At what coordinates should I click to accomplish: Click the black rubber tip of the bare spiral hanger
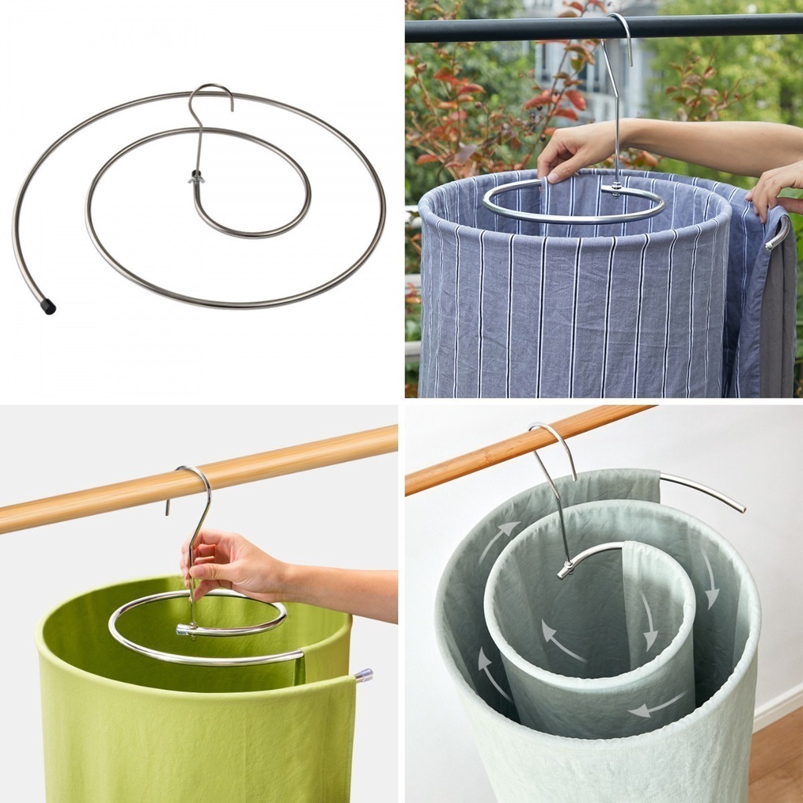tap(49, 307)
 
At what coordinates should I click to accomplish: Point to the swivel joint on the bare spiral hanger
tap(195, 178)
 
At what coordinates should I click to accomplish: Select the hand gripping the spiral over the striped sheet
tap(576, 151)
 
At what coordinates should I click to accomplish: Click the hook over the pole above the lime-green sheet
tap(196, 478)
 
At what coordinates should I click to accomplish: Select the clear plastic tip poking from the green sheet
tap(363, 674)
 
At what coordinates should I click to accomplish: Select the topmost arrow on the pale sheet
tap(499, 538)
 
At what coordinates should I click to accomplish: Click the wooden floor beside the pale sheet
tap(776, 761)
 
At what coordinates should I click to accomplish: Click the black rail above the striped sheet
tap(510, 30)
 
